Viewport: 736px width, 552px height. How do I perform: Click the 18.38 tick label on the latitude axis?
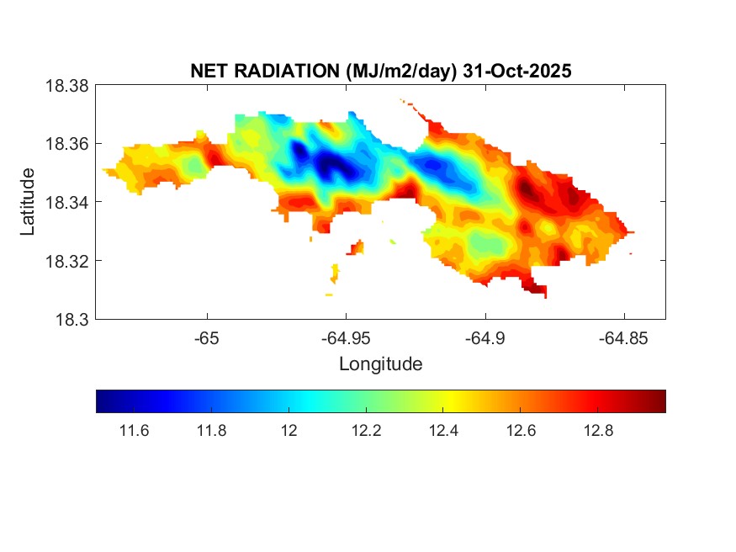coord(66,85)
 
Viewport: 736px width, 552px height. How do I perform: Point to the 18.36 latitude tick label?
coord(66,144)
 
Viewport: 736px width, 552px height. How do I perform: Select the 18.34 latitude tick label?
coord(66,202)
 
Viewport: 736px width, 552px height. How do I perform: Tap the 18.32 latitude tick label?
coord(66,261)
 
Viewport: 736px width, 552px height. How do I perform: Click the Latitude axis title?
coord(28,202)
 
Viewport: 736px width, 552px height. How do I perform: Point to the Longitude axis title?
coord(380,364)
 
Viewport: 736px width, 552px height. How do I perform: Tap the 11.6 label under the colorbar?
coord(135,432)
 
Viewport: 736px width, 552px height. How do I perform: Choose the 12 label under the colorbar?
coord(289,432)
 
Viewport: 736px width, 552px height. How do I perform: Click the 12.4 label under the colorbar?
coord(443,432)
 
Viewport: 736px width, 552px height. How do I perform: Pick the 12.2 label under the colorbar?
coord(366,432)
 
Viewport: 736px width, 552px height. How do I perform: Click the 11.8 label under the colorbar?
coord(212,432)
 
